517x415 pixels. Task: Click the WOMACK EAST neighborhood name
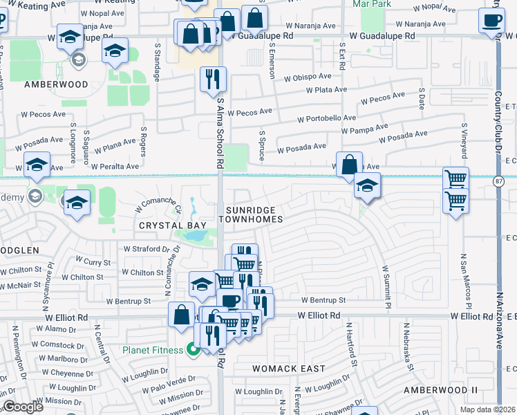288,369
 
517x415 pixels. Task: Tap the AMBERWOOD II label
441,390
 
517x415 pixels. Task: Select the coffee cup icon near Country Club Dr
491,21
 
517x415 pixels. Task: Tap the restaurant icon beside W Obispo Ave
213,79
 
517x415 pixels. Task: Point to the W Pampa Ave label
364,129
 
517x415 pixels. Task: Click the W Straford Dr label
146,249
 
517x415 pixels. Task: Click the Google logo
23,407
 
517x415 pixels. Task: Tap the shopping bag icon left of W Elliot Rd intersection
181,315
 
